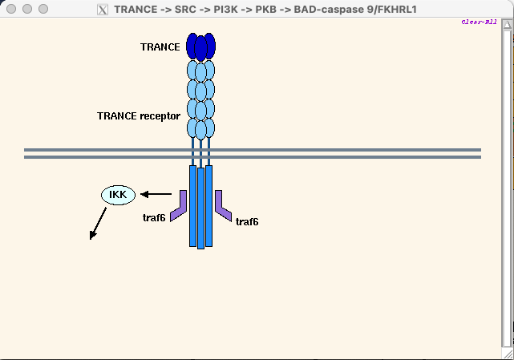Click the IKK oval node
coord(119,194)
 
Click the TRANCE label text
coord(160,47)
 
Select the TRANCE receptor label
coord(139,116)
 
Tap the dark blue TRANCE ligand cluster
coord(200,47)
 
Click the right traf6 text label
coord(247,221)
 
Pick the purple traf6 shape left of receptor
coord(179,207)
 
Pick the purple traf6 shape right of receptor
coord(223,207)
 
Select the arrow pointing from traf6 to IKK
coord(156,194)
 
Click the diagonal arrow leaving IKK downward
coord(98,223)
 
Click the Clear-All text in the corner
coord(480,22)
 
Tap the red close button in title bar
coord(11,9)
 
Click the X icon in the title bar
coord(103,10)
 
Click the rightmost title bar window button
coord(42,9)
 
